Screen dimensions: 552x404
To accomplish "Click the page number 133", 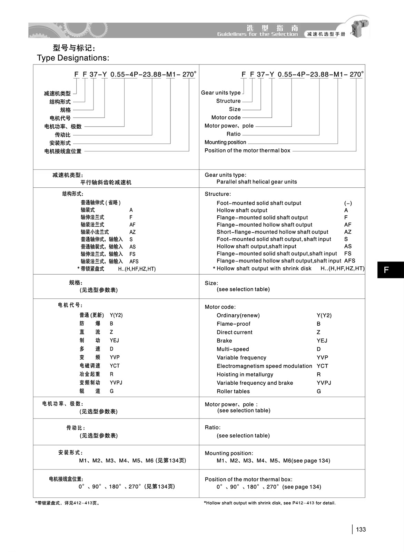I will tap(361, 529).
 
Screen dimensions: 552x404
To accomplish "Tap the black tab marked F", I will tap(390, 269).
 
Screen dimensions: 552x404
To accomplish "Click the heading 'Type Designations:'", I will tap(73, 58).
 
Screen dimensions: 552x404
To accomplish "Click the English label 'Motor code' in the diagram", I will tap(226, 117).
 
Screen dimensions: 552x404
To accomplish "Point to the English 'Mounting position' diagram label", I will tap(225, 142).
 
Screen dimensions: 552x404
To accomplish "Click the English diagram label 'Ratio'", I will tap(234, 134).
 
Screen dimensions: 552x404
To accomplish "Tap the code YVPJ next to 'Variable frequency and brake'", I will tap(324, 383).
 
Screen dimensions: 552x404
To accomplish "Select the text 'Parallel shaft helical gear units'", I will tap(257, 182).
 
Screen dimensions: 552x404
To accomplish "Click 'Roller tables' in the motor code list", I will tap(233, 391).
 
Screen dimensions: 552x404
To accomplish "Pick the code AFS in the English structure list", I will tap(349, 261).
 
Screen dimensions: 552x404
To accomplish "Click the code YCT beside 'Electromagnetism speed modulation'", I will tap(322, 366).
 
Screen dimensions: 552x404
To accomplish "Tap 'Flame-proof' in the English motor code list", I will tap(234, 324).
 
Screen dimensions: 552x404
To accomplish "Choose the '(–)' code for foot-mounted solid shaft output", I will tap(348, 203).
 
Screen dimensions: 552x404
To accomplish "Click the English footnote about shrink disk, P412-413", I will tap(270, 503).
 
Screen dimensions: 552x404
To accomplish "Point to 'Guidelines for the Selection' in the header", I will tap(257, 34).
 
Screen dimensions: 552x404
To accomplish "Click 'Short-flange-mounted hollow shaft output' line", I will tap(272, 232).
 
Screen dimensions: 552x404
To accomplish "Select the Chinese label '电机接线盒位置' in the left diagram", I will tap(63, 151).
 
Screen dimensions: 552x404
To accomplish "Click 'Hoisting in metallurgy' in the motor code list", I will tap(245, 374).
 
